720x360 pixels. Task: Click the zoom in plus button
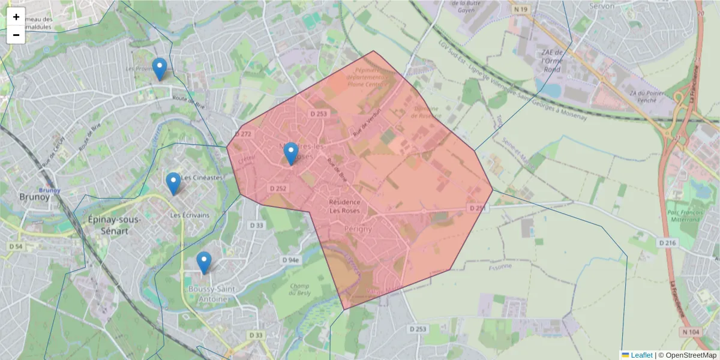point(16,17)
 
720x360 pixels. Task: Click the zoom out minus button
point(16,35)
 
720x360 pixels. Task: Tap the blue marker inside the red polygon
point(291,154)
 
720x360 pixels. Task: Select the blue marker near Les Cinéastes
point(173,184)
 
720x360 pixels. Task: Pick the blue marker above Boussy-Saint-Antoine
point(204,263)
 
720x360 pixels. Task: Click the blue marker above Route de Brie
point(159,69)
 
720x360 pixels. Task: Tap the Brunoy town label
point(31,196)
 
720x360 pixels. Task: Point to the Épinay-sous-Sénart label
point(114,225)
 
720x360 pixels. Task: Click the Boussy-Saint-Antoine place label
point(203,294)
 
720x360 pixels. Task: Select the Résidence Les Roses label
point(345,206)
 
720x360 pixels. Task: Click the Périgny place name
point(358,229)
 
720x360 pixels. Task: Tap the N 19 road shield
point(519,10)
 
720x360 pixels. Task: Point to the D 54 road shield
point(16,246)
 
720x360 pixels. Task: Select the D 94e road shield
point(290,260)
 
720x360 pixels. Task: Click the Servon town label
point(602,6)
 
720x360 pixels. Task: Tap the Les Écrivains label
point(190,215)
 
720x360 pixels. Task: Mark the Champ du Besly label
point(299,289)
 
